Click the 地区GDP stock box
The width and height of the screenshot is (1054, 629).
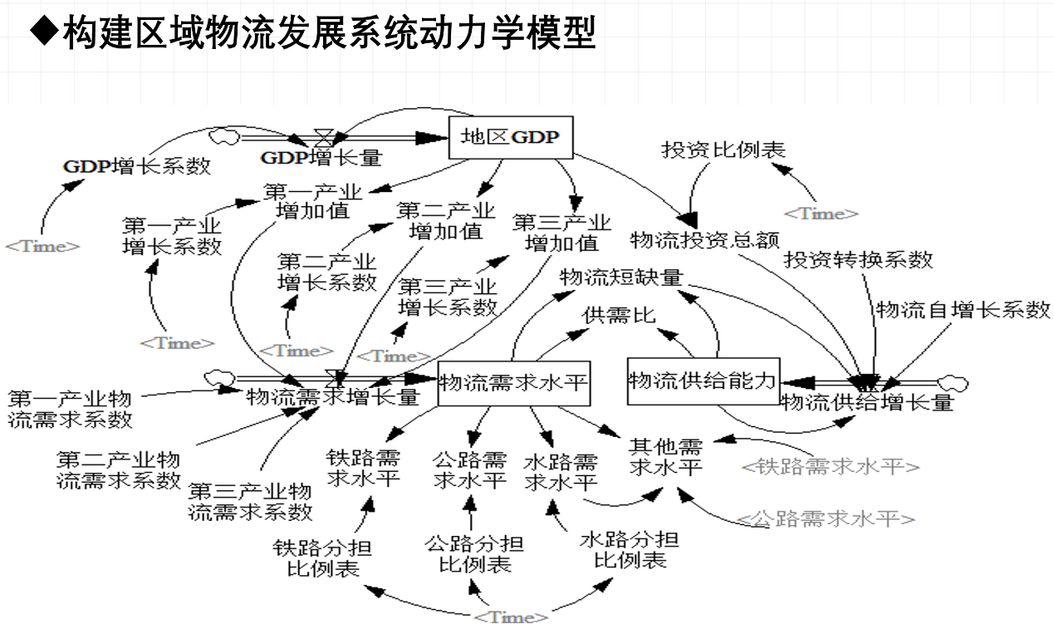click(x=510, y=137)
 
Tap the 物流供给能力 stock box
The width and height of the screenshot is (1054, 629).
click(x=703, y=381)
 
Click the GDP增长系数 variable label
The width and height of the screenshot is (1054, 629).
click(x=137, y=165)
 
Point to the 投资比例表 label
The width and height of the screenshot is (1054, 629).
click(x=723, y=150)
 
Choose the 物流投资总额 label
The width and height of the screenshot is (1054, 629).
click(x=705, y=240)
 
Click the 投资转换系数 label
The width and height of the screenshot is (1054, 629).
click(x=859, y=259)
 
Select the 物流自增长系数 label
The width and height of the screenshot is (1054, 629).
click(x=963, y=310)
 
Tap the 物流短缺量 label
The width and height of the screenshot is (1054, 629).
click(x=620, y=278)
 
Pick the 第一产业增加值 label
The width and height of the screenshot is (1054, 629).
click(x=313, y=201)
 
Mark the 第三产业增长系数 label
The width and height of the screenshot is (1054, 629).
click(x=448, y=297)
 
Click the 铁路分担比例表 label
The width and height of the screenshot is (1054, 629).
click(x=322, y=558)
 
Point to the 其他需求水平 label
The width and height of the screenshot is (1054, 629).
click(x=666, y=456)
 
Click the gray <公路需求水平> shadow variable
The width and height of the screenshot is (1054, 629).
click(x=826, y=519)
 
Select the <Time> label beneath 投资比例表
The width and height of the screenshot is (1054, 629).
click(x=821, y=214)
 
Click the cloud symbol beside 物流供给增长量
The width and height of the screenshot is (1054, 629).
click(x=953, y=384)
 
